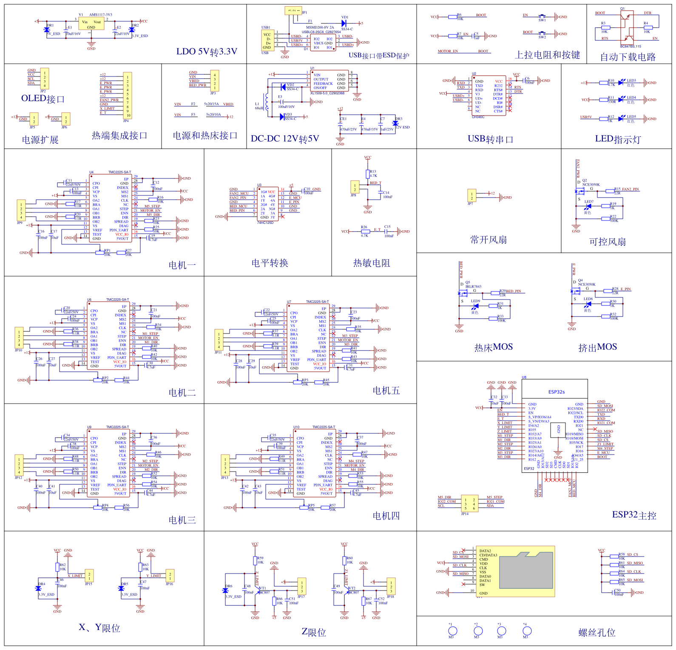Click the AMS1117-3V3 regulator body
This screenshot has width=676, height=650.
pos(91,24)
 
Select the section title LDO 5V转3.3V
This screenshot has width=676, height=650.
pos(207,52)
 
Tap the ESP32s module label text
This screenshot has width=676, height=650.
pos(556,392)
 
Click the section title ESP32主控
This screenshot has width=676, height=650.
pos(634,515)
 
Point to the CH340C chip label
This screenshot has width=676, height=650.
pos(478,117)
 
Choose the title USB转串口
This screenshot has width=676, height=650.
pos(490,139)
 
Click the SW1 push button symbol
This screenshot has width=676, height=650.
pos(542,17)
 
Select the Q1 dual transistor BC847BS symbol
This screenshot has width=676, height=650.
pos(627,28)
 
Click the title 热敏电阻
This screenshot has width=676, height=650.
pos(371,263)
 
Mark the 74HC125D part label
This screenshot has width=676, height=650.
pos(265,223)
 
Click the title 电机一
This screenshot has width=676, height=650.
pos(182,266)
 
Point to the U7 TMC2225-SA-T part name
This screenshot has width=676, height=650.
pos(317,302)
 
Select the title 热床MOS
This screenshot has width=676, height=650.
pos(493,348)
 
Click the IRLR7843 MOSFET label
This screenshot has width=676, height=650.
pos(473,286)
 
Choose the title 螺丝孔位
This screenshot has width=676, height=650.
pos(596,633)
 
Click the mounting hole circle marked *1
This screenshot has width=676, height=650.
pos(452,631)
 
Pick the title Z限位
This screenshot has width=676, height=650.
pos(314,633)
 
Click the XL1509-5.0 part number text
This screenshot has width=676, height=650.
pos(327,93)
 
